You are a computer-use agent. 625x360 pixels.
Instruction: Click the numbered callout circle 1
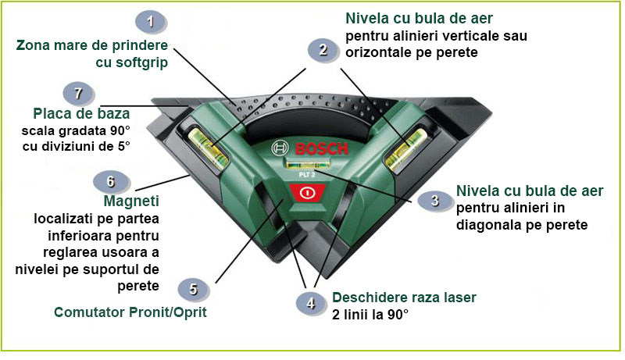[x=150, y=20]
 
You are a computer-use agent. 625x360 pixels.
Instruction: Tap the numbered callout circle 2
[x=322, y=51]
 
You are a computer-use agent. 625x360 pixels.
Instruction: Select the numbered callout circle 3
[x=434, y=201]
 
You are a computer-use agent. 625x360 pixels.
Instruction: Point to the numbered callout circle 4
[x=310, y=303]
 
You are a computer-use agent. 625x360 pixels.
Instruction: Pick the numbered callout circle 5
[x=193, y=289]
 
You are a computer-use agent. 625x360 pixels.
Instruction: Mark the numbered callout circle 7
[x=77, y=92]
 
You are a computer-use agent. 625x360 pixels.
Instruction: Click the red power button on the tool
[x=309, y=193]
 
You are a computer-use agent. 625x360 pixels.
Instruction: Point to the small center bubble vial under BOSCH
[x=305, y=165]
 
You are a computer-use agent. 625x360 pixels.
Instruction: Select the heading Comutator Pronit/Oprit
[x=130, y=312]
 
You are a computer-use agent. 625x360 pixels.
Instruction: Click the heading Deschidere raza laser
[x=404, y=298]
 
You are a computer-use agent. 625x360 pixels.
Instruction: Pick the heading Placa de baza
[x=81, y=114]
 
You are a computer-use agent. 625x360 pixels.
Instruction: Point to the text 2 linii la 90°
[x=371, y=314]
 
